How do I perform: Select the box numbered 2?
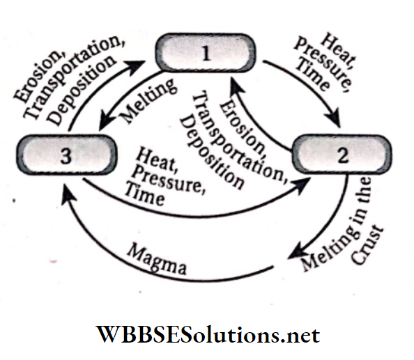click(342, 155)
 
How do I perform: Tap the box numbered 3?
click(64, 156)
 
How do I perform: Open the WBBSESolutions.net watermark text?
click(207, 336)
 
